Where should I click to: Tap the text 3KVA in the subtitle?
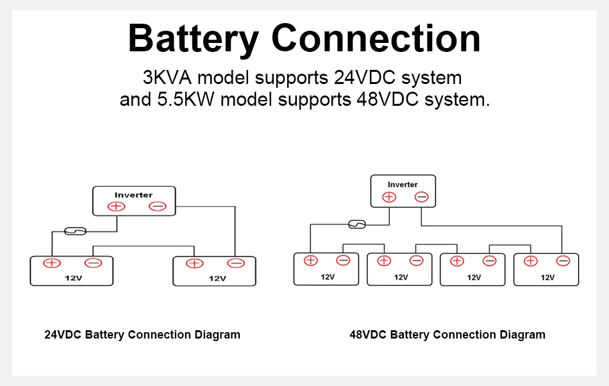(167, 78)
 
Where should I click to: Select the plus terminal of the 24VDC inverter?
(116, 206)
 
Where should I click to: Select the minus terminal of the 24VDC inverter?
(158, 206)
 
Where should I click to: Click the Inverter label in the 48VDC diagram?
(403, 185)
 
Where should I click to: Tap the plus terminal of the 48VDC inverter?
(389, 197)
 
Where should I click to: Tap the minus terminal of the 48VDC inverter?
(421, 197)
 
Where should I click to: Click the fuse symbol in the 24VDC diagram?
(76, 231)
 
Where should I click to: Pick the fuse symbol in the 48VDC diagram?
(356, 224)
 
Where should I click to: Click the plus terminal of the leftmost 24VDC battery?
(51, 263)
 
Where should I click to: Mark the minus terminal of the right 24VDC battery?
(236, 263)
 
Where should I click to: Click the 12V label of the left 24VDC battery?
(72, 278)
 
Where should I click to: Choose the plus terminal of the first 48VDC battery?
(310, 260)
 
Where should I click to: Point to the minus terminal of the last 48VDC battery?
(563, 260)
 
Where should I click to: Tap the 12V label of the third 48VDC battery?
(474, 277)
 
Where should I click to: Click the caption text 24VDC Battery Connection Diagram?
(142, 335)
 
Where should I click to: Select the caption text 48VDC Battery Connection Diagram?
(447, 335)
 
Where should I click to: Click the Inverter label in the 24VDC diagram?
(133, 195)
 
